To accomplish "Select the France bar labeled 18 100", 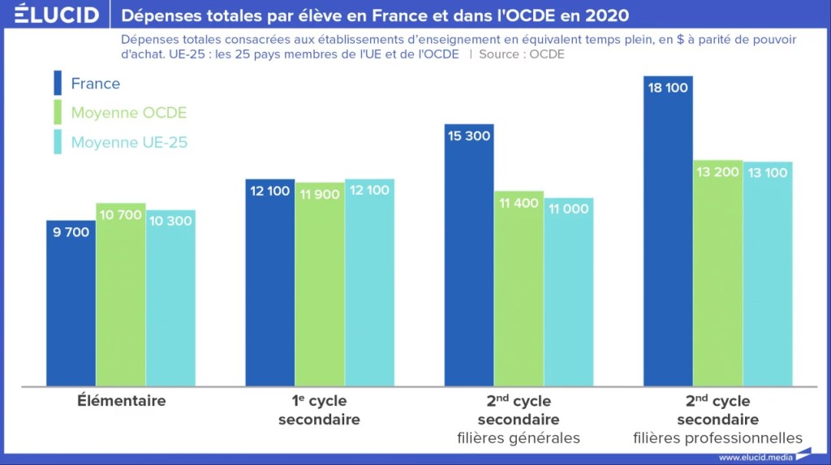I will tap(668, 235).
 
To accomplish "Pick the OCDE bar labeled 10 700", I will tap(121, 296).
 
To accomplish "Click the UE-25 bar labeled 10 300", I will tap(170, 300).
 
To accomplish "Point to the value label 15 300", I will tap(468, 136).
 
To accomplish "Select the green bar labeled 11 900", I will tap(319, 284).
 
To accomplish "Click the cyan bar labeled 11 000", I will tap(568, 292).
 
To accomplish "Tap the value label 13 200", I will tap(717, 172).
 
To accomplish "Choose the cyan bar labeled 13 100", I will tap(768, 276).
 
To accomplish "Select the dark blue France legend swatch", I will tap(58, 84).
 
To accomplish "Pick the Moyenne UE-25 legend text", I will tap(129, 142).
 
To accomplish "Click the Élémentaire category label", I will tap(122, 401).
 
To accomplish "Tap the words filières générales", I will tap(518, 438).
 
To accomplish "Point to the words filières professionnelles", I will tap(717, 438).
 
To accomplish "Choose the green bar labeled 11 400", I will tap(519, 292).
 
